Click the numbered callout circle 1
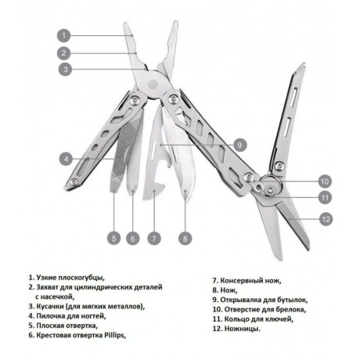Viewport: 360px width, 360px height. [x=64, y=35]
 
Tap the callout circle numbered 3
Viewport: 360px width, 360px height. [x=65, y=69]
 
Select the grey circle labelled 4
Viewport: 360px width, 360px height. [x=67, y=159]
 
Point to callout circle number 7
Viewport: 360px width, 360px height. [x=154, y=239]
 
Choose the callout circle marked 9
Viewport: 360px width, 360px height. [x=239, y=145]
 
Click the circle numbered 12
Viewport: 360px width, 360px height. [x=326, y=219]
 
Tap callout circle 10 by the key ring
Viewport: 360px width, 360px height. [x=325, y=182]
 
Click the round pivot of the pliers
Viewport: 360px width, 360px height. [x=153, y=84]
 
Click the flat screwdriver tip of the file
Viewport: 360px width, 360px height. [x=113, y=185]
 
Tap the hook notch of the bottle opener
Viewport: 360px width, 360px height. [x=159, y=185]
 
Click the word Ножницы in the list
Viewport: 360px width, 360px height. [x=242, y=329]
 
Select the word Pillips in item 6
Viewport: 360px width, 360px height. [x=114, y=335]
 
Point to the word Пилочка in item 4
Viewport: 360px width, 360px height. [x=49, y=316]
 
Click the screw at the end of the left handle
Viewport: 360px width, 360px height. [x=74, y=182]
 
